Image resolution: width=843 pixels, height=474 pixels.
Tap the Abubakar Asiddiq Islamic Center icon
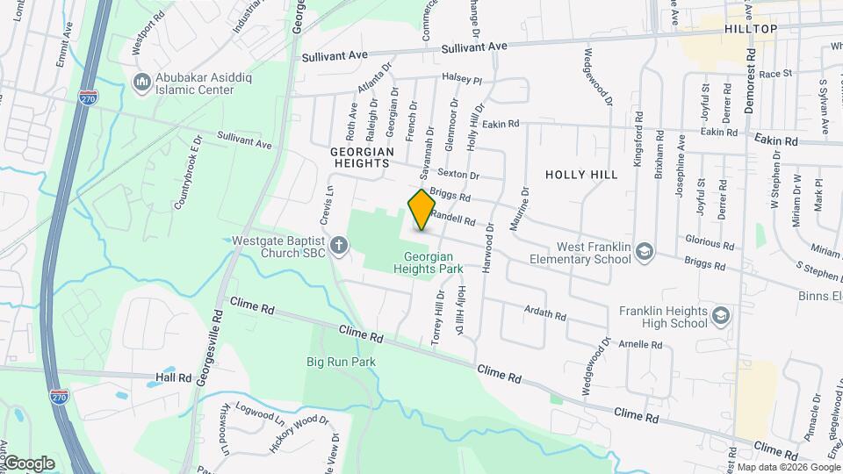(x=141, y=83)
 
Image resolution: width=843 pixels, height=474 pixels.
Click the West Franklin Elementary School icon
(x=645, y=253)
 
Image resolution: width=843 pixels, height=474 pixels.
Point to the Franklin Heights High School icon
(x=721, y=316)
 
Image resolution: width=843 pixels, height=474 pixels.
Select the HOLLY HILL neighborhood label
(x=581, y=175)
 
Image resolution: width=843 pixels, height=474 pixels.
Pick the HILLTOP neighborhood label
(x=751, y=29)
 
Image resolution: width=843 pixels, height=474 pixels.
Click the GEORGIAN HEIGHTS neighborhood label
(x=359, y=157)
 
